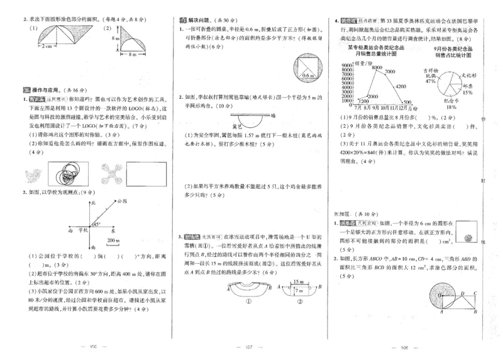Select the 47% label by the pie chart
click(431, 81)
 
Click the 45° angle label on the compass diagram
click(97, 224)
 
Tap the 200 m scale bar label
click(114, 241)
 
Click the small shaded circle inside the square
click(467, 238)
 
